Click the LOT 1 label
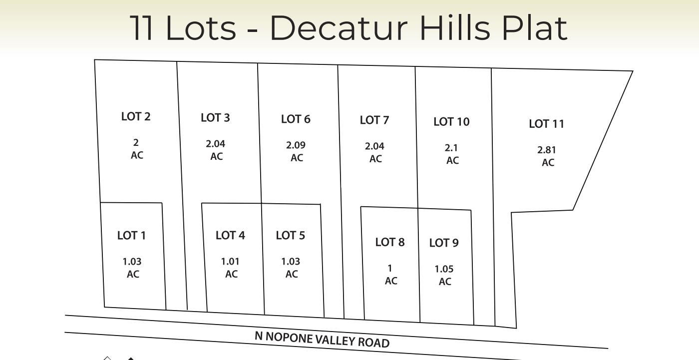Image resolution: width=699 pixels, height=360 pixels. tap(132, 235)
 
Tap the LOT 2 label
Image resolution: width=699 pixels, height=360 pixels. tap(136, 116)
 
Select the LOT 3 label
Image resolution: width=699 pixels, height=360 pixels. tap(215, 118)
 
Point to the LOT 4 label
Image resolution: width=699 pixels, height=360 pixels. tap(230, 235)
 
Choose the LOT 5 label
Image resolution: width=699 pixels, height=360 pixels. tap(291, 235)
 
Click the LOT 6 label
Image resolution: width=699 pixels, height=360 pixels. tap(296, 119)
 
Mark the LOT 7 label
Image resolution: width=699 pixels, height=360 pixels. tap(374, 120)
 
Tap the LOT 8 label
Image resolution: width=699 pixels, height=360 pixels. tap(390, 242)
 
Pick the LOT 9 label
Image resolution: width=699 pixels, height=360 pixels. tap(444, 243)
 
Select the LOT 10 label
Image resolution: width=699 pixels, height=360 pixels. tap(451, 122)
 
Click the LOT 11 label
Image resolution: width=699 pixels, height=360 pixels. tap(547, 124)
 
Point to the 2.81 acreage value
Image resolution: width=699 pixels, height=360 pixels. tap(547, 150)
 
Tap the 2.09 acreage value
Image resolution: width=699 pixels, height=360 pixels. tap(296, 145)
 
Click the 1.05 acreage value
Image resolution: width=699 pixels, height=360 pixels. tap(444, 269)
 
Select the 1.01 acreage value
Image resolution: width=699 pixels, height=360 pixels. tap(230, 262)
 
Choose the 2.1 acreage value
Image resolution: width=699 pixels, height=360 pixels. tap(451, 148)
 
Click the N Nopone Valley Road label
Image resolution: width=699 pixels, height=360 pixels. tap(322, 339)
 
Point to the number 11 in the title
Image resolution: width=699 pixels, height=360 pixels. tap(142, 28)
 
